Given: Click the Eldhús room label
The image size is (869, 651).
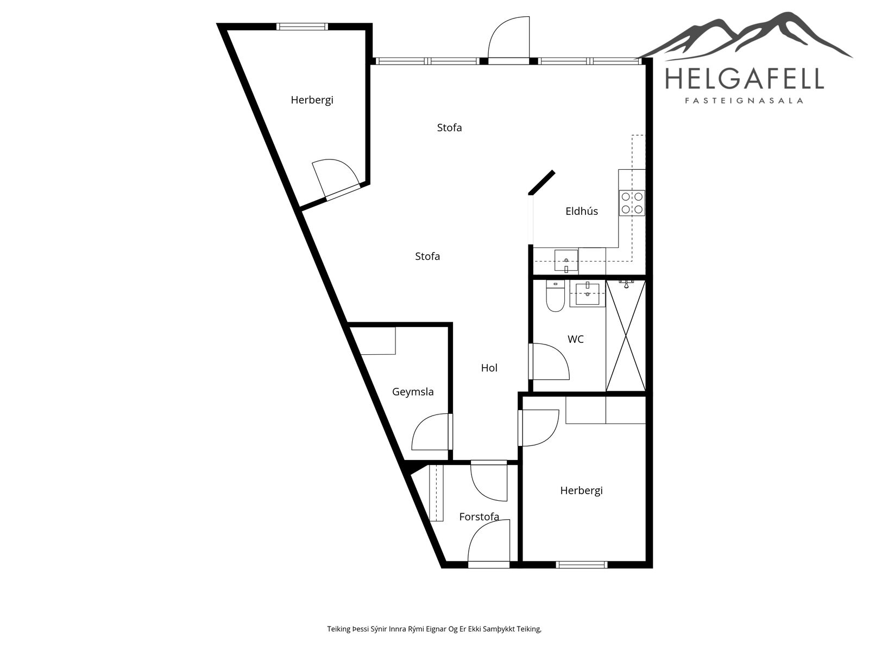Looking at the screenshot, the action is [x=581, y=211].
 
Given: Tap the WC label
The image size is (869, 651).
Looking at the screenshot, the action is [x=575, y=339].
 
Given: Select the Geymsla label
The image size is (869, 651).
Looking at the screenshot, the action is [x=413, y=392].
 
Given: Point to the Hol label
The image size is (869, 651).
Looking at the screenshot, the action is [x=489, y=368].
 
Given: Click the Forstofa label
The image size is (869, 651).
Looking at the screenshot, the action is [x=479, y=516].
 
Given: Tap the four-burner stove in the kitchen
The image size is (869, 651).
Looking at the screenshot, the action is [x=632, y=203].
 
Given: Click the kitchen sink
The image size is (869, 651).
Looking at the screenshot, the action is [x=566, y=260].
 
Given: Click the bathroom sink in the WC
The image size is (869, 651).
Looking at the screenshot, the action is [x=588, y=294].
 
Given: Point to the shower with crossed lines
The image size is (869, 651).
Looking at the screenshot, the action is [x=626, y=336].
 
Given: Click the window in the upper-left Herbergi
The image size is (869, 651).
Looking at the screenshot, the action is [x=302, y=27].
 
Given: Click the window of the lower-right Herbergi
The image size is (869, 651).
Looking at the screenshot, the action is [x=582, y=565].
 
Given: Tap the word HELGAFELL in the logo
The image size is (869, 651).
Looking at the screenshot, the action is [x=744, y=78].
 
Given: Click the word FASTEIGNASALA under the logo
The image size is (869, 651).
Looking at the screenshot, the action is [x=744, y=101].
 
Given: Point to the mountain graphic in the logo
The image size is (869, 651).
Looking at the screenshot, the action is [x=746, y=36].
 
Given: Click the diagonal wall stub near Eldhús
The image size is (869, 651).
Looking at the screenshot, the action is [x=541, y=182].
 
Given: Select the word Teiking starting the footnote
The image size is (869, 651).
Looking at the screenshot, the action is [x=339, y=629].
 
